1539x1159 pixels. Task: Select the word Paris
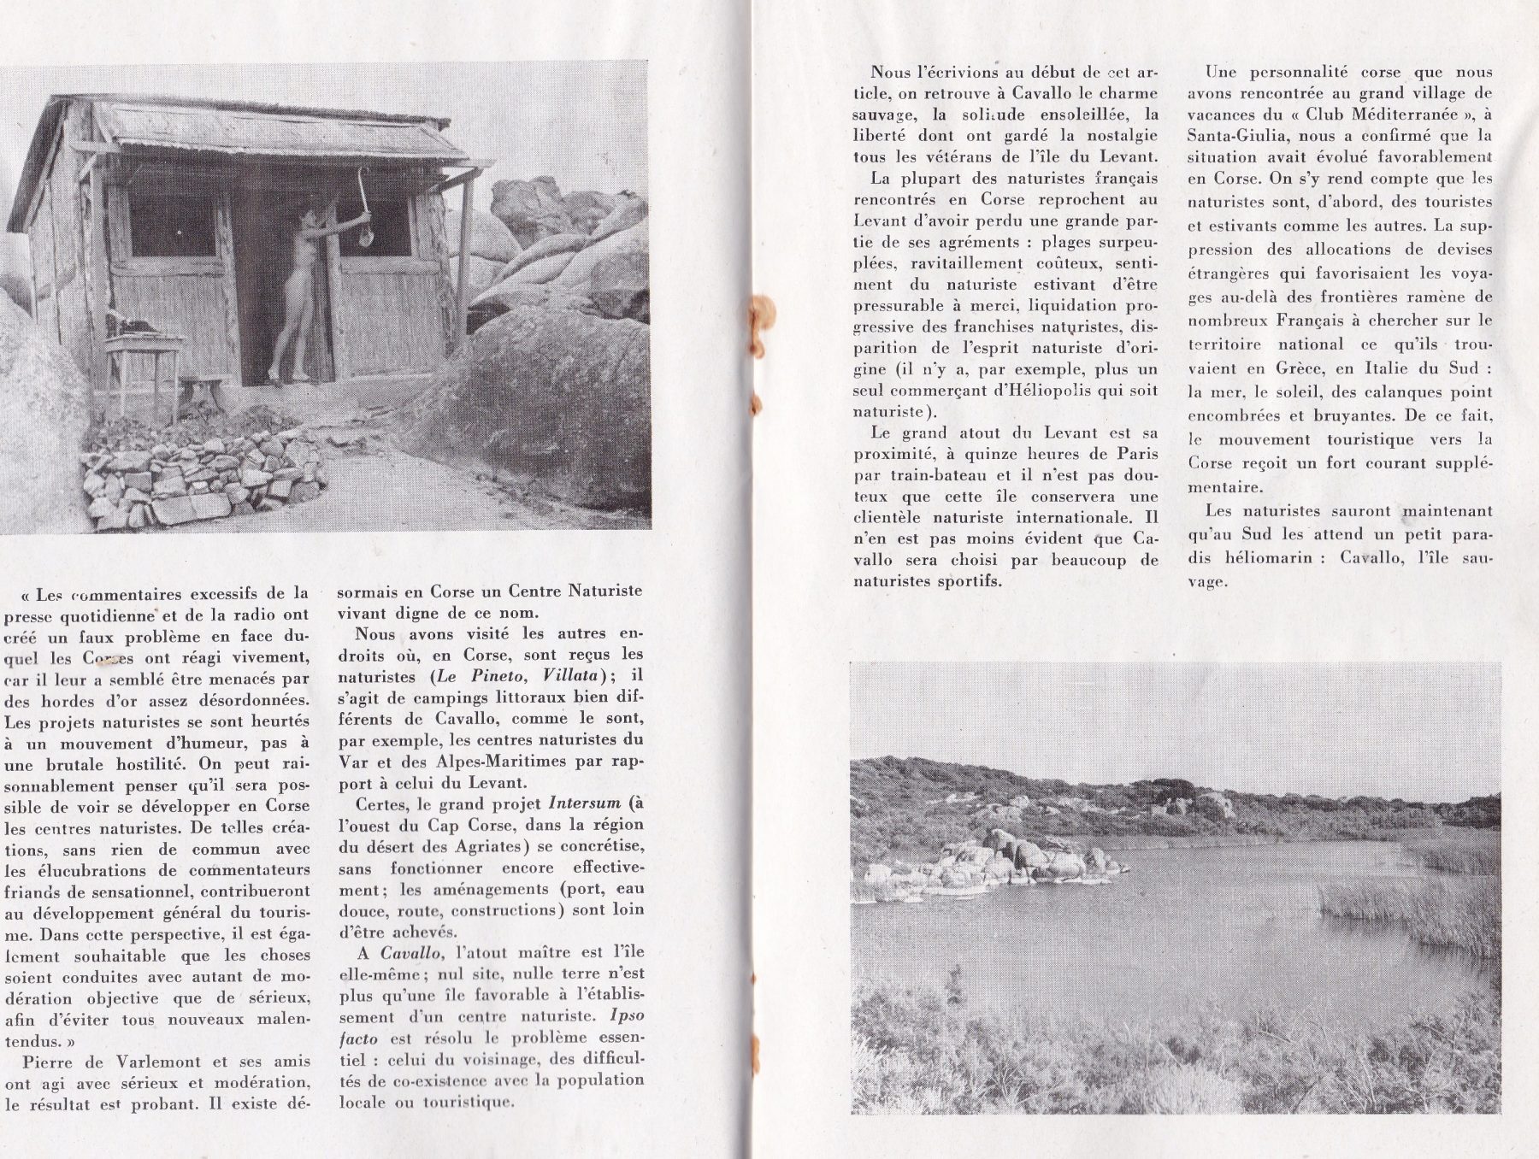1135,454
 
